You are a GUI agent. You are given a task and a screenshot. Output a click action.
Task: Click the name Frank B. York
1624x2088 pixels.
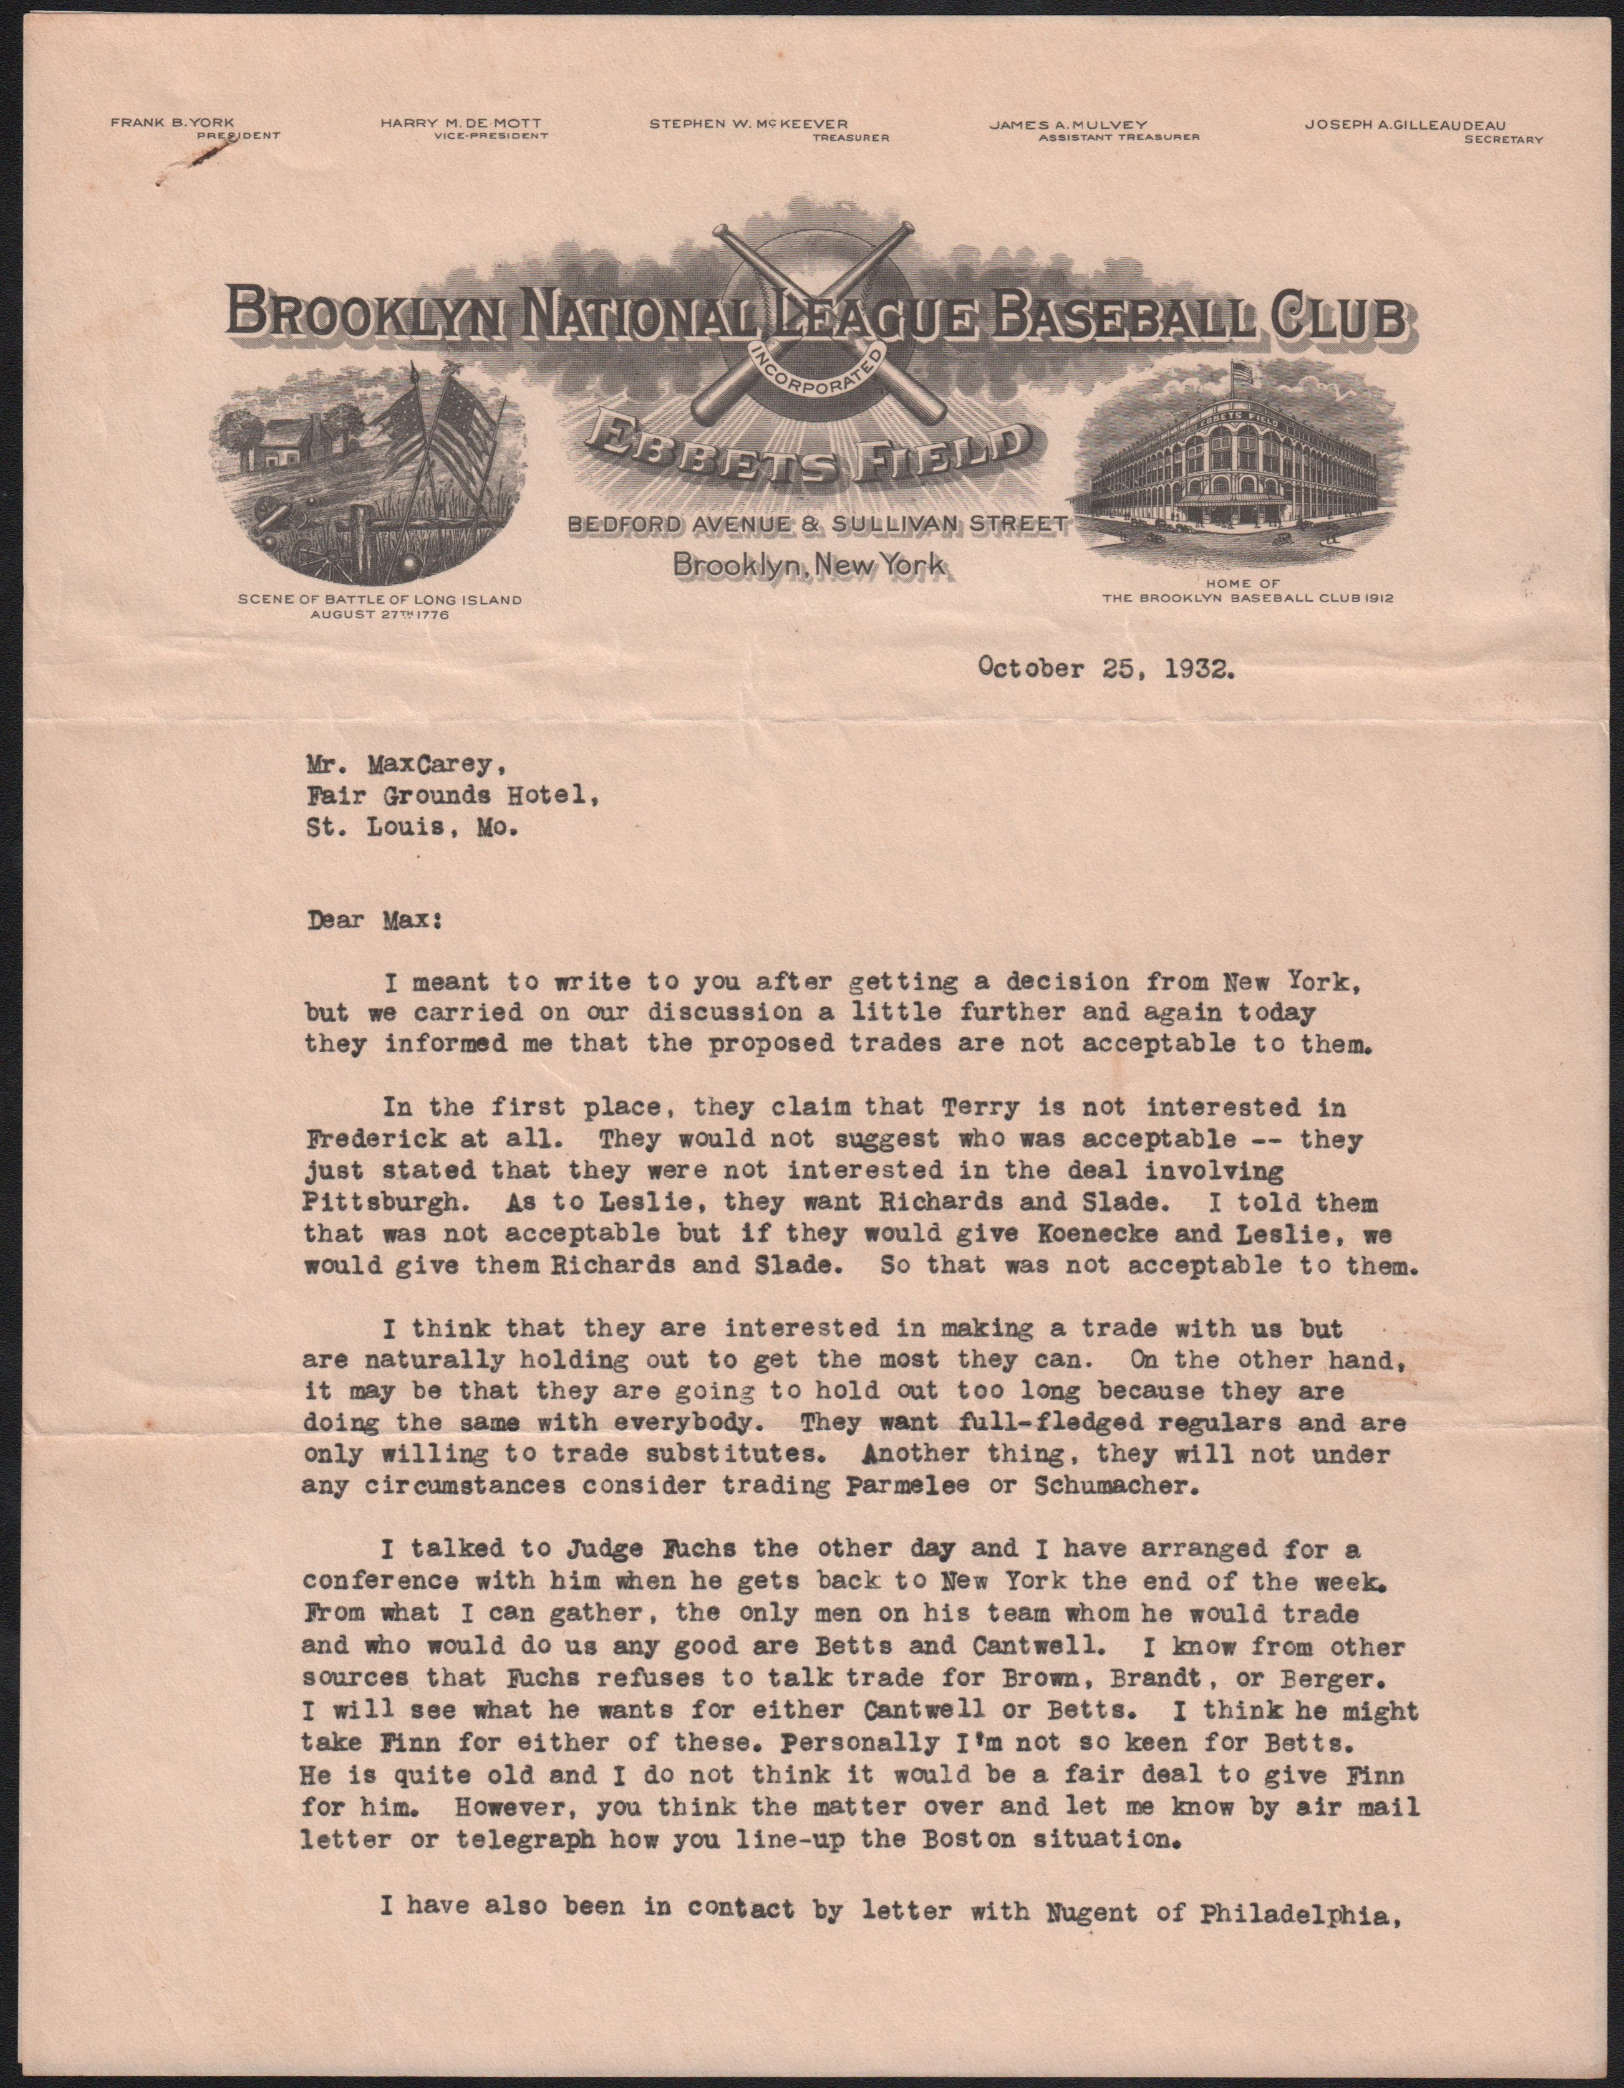click(172, 123)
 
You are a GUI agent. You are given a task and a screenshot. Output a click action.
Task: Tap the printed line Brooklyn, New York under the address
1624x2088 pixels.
click(809, 565)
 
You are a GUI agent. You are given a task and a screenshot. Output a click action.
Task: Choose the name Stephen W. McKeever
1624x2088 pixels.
click(748, 123)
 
